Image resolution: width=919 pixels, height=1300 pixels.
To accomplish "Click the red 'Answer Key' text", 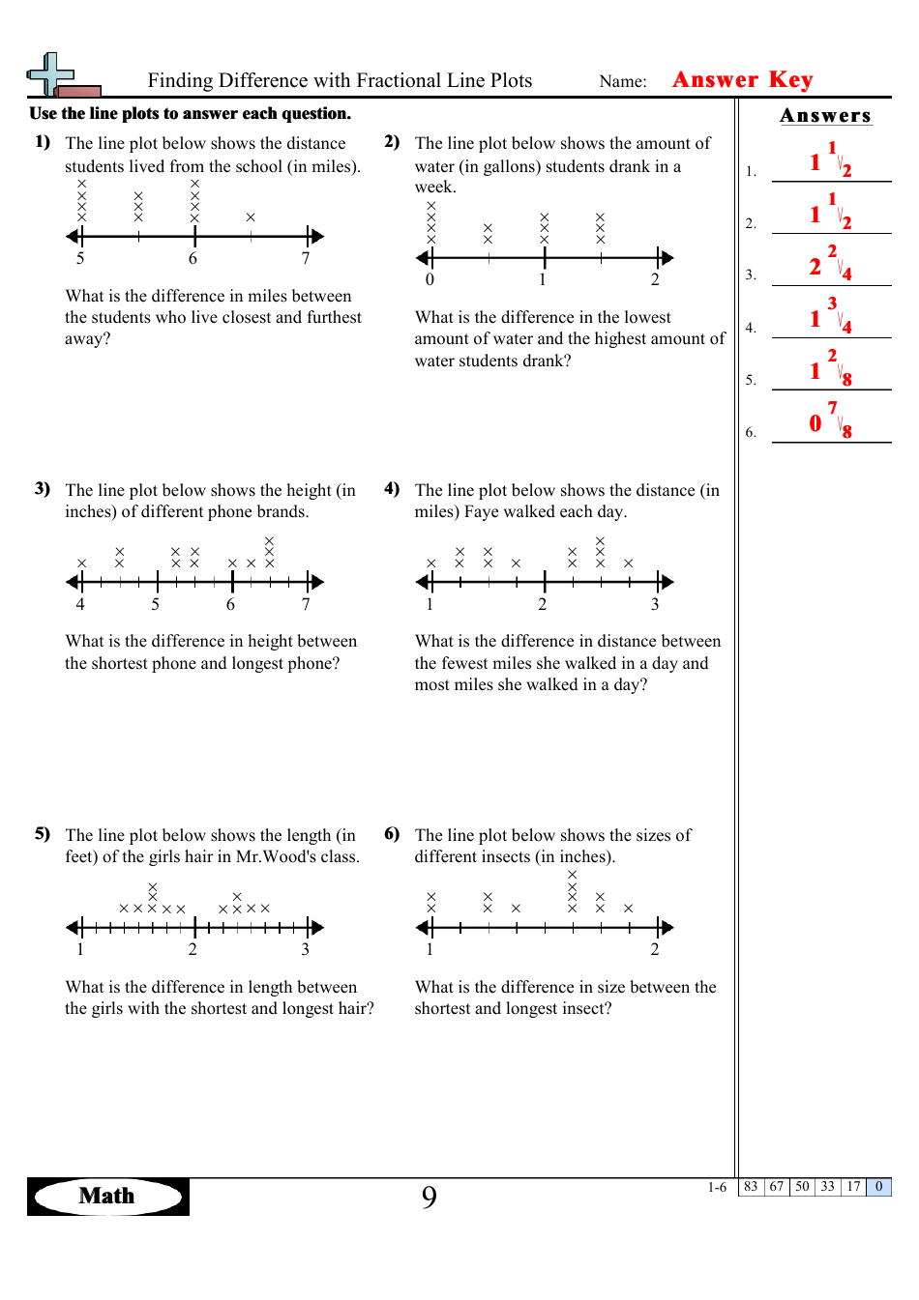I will click(x=742, y=79).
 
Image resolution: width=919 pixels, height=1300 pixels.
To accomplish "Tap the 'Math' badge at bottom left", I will click(x=107, y=1196).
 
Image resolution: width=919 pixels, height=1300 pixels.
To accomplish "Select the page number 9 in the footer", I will click(x=429, y=1198).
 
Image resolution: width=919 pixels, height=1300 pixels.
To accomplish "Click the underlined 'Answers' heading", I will click(x=825, y=116).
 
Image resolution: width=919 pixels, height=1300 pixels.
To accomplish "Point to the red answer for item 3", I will click(x=829, y=264).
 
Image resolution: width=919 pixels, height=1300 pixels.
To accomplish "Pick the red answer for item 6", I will click(x=829, y=420).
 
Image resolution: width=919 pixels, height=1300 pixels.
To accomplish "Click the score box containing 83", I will click(x=751, y=1187).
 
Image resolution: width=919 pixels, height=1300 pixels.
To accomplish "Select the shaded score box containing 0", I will click(x=878, y=1187).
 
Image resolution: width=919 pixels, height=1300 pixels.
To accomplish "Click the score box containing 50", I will click(x=802, y=1187).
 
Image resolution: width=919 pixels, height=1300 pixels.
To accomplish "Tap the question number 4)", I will click(x=392, y=489).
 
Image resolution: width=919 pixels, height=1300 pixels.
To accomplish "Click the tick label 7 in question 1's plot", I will click(x=306, y=258).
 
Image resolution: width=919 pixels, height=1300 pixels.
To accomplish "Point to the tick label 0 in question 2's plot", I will click(x=430, y=279).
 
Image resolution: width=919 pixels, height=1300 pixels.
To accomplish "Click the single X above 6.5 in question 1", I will click(x=251, y=217).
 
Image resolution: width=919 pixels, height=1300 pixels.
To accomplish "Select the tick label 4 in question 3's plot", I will click(x=80, y=604).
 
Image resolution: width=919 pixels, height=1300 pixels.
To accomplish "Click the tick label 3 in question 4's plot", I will click(x=655, y=604).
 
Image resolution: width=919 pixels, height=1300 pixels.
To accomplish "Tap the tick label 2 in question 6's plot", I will click(x=655, y=949).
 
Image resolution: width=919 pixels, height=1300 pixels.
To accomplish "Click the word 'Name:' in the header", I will click(x=623, y=81).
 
